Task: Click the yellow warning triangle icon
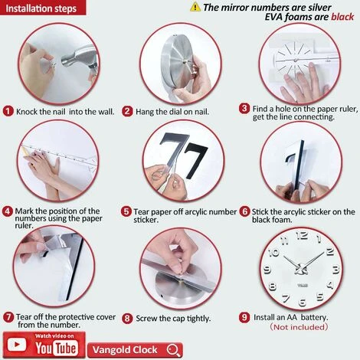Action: (195, 7)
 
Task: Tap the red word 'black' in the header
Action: (342, 17)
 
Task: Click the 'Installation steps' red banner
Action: (43, 8)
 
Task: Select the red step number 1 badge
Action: (8, 111)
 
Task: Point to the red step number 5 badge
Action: (126, 211)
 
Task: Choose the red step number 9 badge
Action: (244, 317)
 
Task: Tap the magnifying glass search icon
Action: (174, 350)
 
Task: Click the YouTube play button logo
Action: (17, 345)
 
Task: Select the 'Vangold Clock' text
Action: (125, 350)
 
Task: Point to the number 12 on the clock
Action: (302, 235)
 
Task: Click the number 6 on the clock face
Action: (303, 303)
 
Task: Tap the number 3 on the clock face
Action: (335, 269)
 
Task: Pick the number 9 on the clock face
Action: (267, 270)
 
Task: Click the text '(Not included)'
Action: (299, 327)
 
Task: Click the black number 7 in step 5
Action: (195, 161)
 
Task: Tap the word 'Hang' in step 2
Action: (145, 112)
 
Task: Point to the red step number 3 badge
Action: (244, 109)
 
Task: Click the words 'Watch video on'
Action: (54, 336)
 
